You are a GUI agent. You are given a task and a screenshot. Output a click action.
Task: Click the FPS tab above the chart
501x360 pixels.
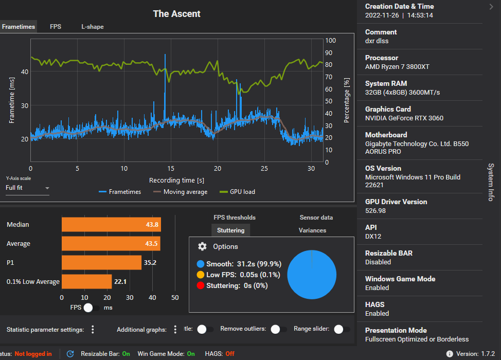pos(56,27)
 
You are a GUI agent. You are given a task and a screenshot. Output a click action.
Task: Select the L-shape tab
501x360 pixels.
pos(92,27)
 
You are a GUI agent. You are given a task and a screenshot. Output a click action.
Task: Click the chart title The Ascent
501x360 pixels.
pos(176,14)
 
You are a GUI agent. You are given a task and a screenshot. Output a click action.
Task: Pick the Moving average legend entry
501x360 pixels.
pos(180,192)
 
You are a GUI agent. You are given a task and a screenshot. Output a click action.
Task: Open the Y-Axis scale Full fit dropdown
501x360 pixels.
pos(27,188)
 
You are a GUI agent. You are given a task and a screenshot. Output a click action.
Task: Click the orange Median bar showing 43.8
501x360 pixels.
pos(111,225)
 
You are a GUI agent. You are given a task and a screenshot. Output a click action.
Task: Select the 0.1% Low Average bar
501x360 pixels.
pos(86,282)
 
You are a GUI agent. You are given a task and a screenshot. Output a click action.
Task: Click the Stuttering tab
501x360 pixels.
pos(230,230)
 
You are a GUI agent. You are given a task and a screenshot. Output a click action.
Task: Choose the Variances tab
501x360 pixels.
pos(312,230)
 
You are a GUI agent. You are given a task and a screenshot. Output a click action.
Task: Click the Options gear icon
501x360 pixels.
pos(203,247)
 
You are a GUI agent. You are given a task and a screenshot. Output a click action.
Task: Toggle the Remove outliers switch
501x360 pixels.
pos(279,329)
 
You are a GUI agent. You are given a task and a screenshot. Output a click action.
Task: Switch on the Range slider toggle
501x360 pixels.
pos(342,329)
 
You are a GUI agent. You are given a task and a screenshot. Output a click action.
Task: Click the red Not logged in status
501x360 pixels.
pos(33,354)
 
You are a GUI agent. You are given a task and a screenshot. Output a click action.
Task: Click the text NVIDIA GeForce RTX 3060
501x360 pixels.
pos(404,118)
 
